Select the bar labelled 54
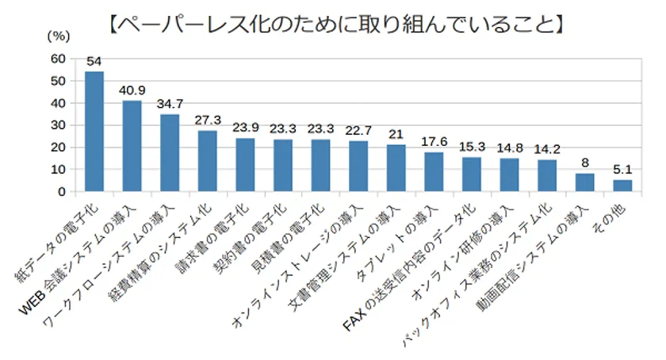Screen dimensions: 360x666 (x=94, y=132)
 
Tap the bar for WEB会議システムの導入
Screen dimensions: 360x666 (x=132, y=146)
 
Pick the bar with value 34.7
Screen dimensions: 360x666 (x=170, y=153)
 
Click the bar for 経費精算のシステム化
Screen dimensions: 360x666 (x=208, y=161)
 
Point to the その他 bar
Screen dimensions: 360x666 (x=623, y=186)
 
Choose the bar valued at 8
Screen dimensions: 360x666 (x=585, y=182)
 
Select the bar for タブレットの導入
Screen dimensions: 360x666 (x=434, y=172)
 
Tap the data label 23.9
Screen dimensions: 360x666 (x=246, y=128)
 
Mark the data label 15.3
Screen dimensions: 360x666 (x=472, y=147)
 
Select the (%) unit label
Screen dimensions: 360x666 (x=59, y=36)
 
